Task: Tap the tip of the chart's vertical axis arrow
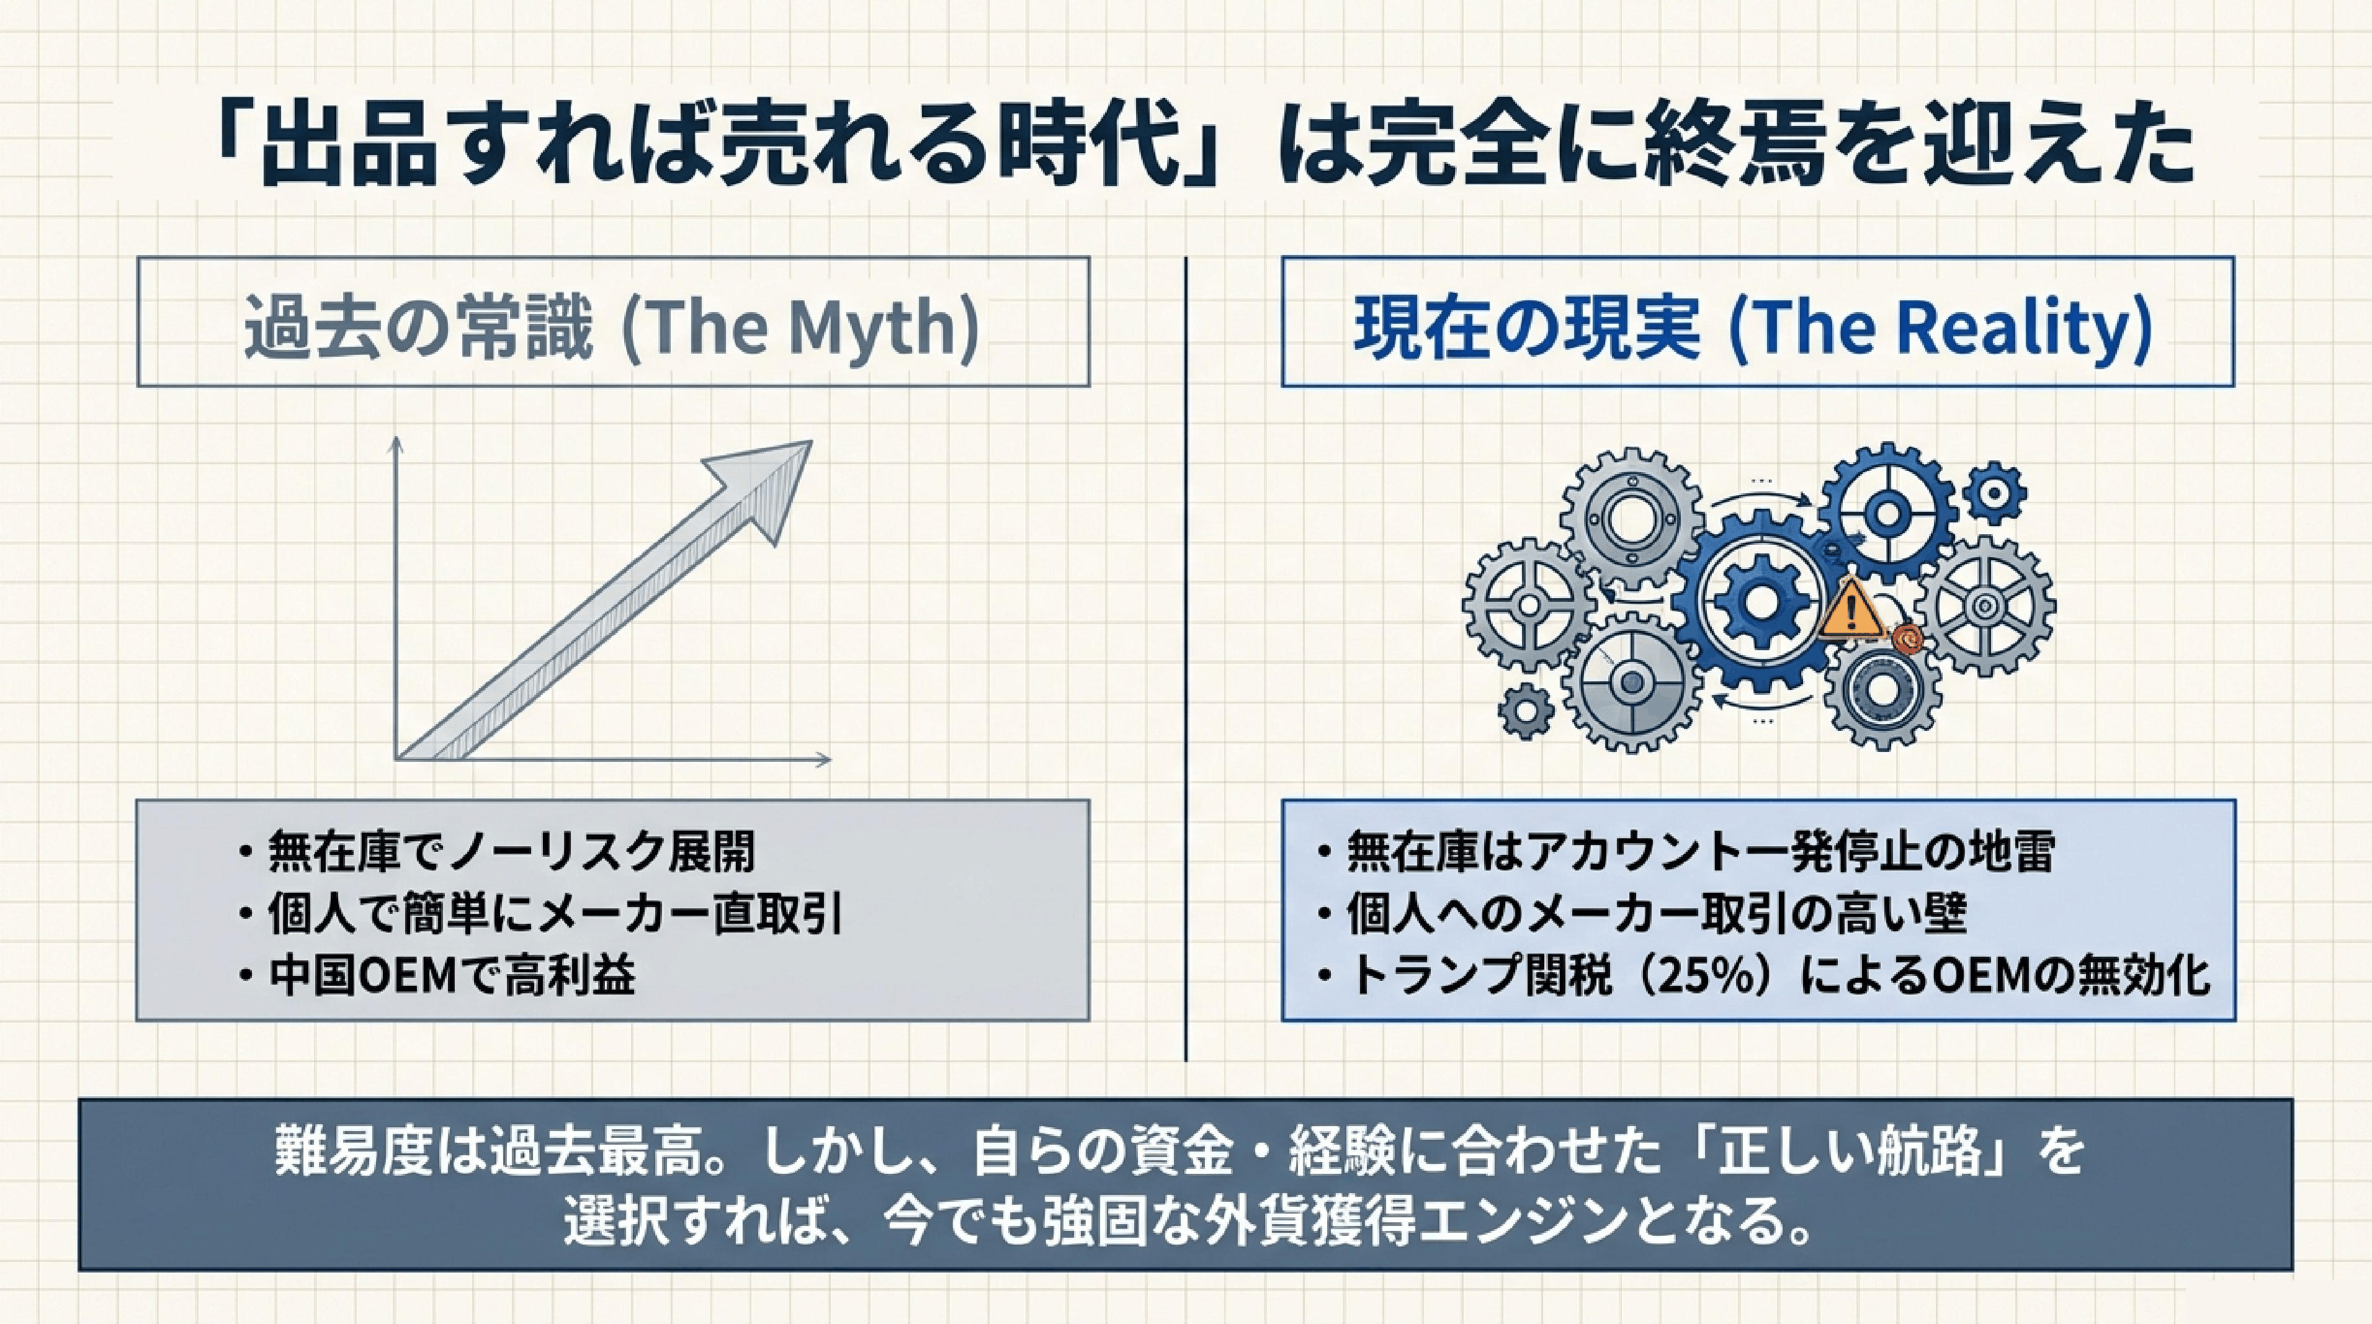pos(397,437)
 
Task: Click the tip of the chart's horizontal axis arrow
pos(831,759)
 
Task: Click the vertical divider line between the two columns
pos(1186,658)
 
